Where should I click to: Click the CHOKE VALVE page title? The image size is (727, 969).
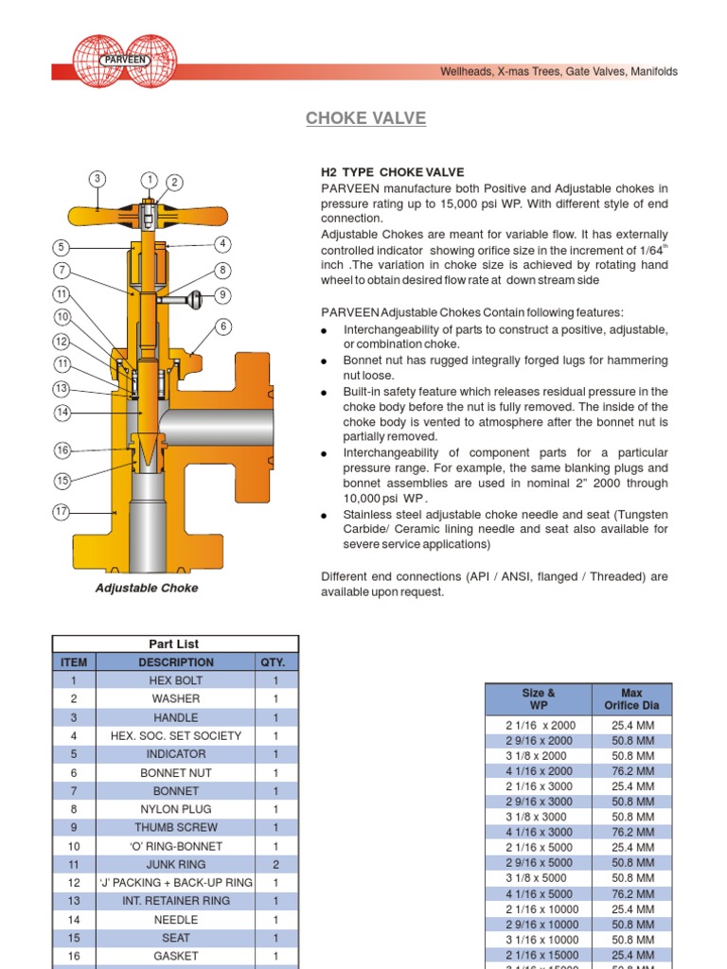point(365,118)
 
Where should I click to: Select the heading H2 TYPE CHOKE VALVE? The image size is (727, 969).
point(392,172)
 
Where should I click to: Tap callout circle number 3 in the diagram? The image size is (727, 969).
point(98,179)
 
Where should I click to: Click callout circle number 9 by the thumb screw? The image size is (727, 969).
point(223,294)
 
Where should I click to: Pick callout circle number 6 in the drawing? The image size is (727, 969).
point(223,326)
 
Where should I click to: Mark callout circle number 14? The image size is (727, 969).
point(62,412)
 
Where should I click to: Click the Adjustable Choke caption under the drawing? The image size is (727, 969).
point(147,588)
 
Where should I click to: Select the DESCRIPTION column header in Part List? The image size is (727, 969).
point(175,662)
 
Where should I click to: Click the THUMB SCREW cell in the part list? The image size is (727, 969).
point(175,827)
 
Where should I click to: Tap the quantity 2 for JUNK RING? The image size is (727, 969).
point(275,864)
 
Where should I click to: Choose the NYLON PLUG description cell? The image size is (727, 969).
point(175,809)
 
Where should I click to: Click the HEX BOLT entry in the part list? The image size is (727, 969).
point(175,680)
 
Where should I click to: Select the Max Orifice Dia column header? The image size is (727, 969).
point(631,699)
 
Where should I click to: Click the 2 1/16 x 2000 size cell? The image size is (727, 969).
point(539,725)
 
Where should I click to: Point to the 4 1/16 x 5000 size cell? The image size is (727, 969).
point(539,893)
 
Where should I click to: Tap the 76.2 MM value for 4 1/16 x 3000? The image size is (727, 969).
point(631,833)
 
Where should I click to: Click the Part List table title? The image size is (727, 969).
point(175,643)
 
